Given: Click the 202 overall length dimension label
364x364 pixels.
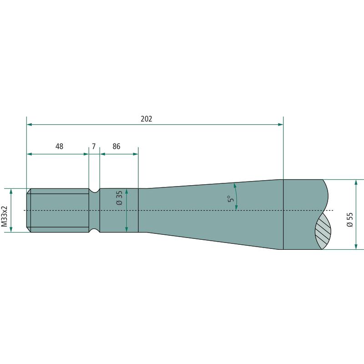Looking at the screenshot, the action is point(146,119).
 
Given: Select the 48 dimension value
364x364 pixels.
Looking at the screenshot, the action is point(59,147).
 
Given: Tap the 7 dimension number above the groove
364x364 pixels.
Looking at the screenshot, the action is point(94,147).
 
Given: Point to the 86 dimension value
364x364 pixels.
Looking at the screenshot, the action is point(116,147).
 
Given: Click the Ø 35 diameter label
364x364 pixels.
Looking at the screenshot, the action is point(119,198).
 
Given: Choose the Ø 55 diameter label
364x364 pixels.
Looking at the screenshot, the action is point(350,220).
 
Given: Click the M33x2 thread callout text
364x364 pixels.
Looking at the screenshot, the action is point(5,216).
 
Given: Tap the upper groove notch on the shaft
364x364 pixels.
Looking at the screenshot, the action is point(94,190).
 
